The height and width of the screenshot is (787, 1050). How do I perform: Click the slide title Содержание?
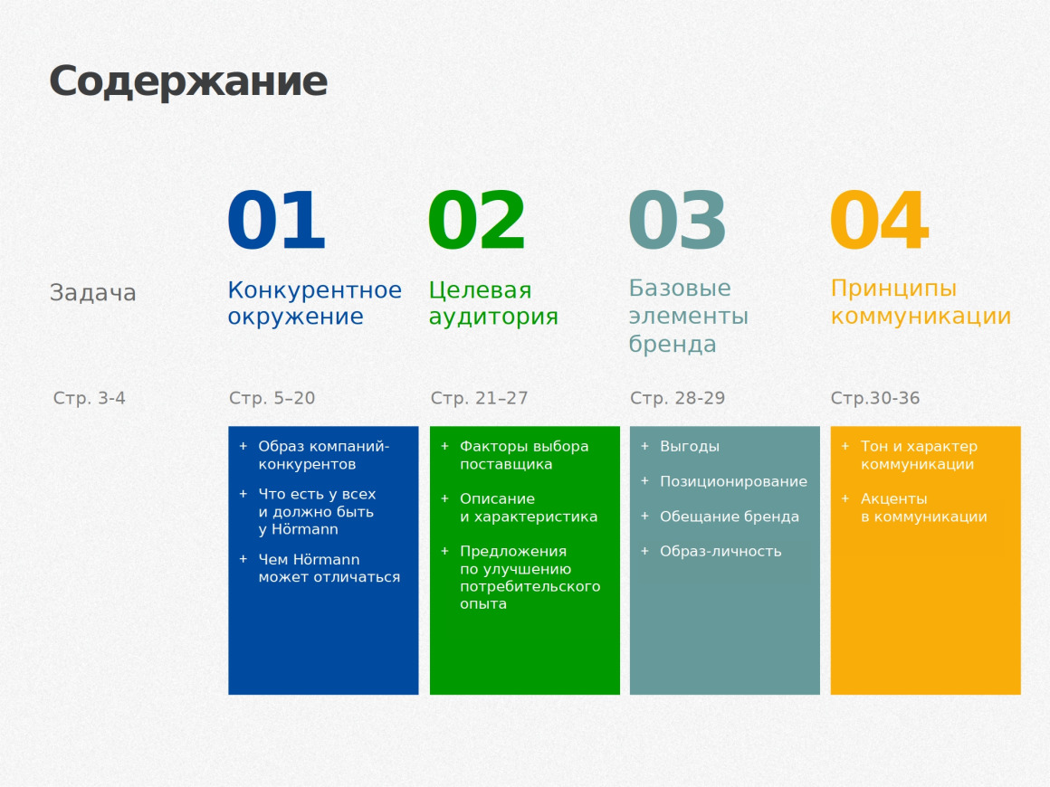(187, 81)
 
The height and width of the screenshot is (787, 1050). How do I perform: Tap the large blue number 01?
(276, 222)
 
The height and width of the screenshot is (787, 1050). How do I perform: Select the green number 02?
(477, 222)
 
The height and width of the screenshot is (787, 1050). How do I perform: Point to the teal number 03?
(677, 222)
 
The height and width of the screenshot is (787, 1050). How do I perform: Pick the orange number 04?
(879, 222)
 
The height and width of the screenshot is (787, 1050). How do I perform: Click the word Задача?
(92, 293)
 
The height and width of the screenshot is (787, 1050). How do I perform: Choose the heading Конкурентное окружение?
(314, 303)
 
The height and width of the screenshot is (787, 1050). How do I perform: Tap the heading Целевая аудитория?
(493, 303)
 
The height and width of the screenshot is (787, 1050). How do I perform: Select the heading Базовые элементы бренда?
(688, 316)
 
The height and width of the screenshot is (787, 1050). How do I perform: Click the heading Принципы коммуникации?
(921, 302)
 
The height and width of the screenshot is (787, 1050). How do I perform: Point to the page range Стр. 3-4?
(89, 398)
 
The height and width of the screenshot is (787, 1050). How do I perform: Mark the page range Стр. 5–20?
(272, 398)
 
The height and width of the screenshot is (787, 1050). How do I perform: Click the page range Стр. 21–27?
(479, 398)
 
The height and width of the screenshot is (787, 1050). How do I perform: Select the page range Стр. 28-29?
(677, 398)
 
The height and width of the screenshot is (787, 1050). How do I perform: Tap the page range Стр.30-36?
(874, 398)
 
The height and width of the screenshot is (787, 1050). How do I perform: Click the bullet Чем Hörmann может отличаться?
(329, 568)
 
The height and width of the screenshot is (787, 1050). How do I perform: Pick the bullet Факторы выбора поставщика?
(523, 455)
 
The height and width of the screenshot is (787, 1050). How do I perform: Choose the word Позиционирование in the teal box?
(733, 481)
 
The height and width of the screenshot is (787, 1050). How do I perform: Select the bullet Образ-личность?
(720, 551)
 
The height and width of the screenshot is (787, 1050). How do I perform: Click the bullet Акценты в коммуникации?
(923, 507)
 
